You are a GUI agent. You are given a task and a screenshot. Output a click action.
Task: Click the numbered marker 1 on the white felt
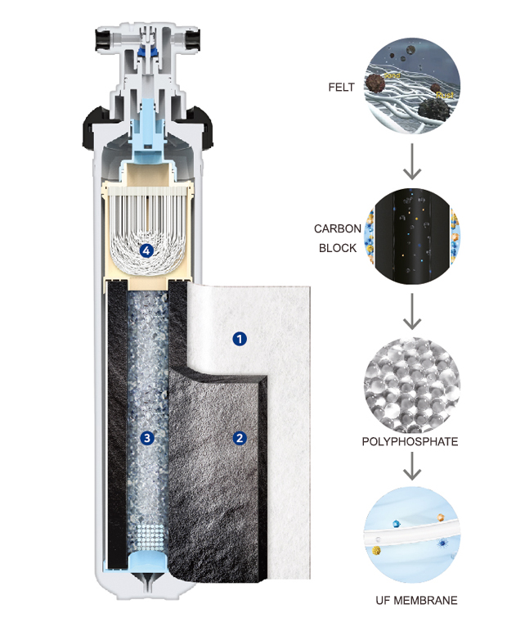pyautogui.click(x=240, y=337)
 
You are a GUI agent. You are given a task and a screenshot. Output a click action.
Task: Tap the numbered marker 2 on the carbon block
pyautogui.click(x=240, y=437)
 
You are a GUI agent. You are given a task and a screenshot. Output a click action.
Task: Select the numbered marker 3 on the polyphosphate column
pyautogui.click(x=147, y=437)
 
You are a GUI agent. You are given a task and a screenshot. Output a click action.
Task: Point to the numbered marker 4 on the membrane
pyautogui.click(x=147, y=250)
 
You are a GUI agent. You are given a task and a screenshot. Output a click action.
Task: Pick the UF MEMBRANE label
pyautogui.click(x=411, y=600)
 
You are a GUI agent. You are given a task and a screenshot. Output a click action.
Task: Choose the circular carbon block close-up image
pyautogui.click(x=411, y=237)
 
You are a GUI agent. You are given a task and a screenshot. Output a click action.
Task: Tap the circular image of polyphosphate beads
pyautogui.click(x=411, y=386)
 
